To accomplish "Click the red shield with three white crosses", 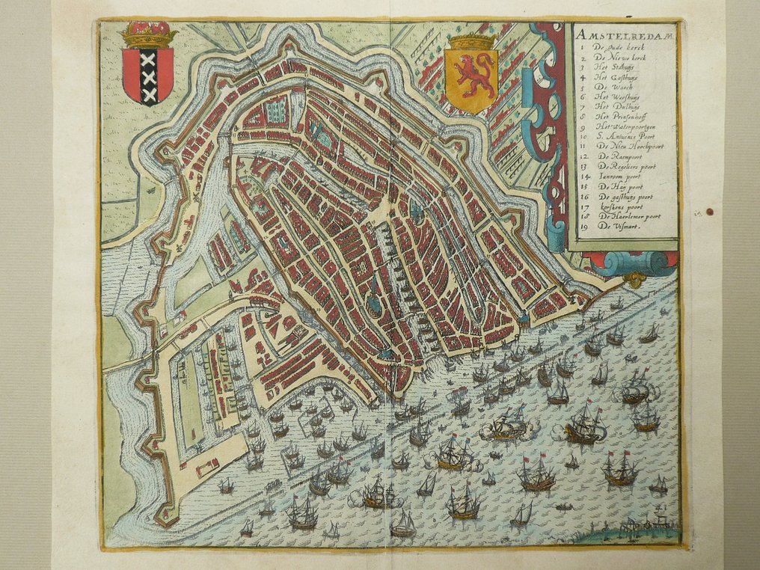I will click(147, 75).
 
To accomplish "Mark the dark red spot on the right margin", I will click(709, 212).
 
